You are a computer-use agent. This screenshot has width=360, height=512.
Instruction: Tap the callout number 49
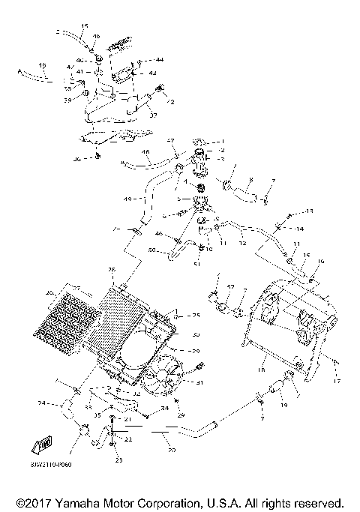[x=127, y=198]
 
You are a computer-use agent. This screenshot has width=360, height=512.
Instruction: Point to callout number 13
[x=309, y=212]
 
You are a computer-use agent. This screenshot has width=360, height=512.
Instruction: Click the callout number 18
[x=262, y=370]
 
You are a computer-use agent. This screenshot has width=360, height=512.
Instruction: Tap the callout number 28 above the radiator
[x=112, y=269]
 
